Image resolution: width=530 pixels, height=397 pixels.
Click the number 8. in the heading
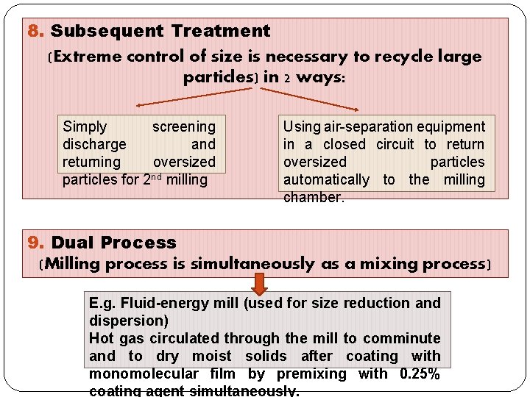[x=36, y=32]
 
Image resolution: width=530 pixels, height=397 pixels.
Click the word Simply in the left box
[x=85, y=127]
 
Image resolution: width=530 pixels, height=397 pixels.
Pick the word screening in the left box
[x=183, y=127]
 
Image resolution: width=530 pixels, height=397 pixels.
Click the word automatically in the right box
[x=326, y=180]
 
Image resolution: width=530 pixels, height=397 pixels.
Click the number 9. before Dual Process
[x=36, y=243]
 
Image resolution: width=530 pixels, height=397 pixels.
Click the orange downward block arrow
[x=259, y=283]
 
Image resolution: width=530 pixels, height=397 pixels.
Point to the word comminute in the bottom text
[x=404, y=338]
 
